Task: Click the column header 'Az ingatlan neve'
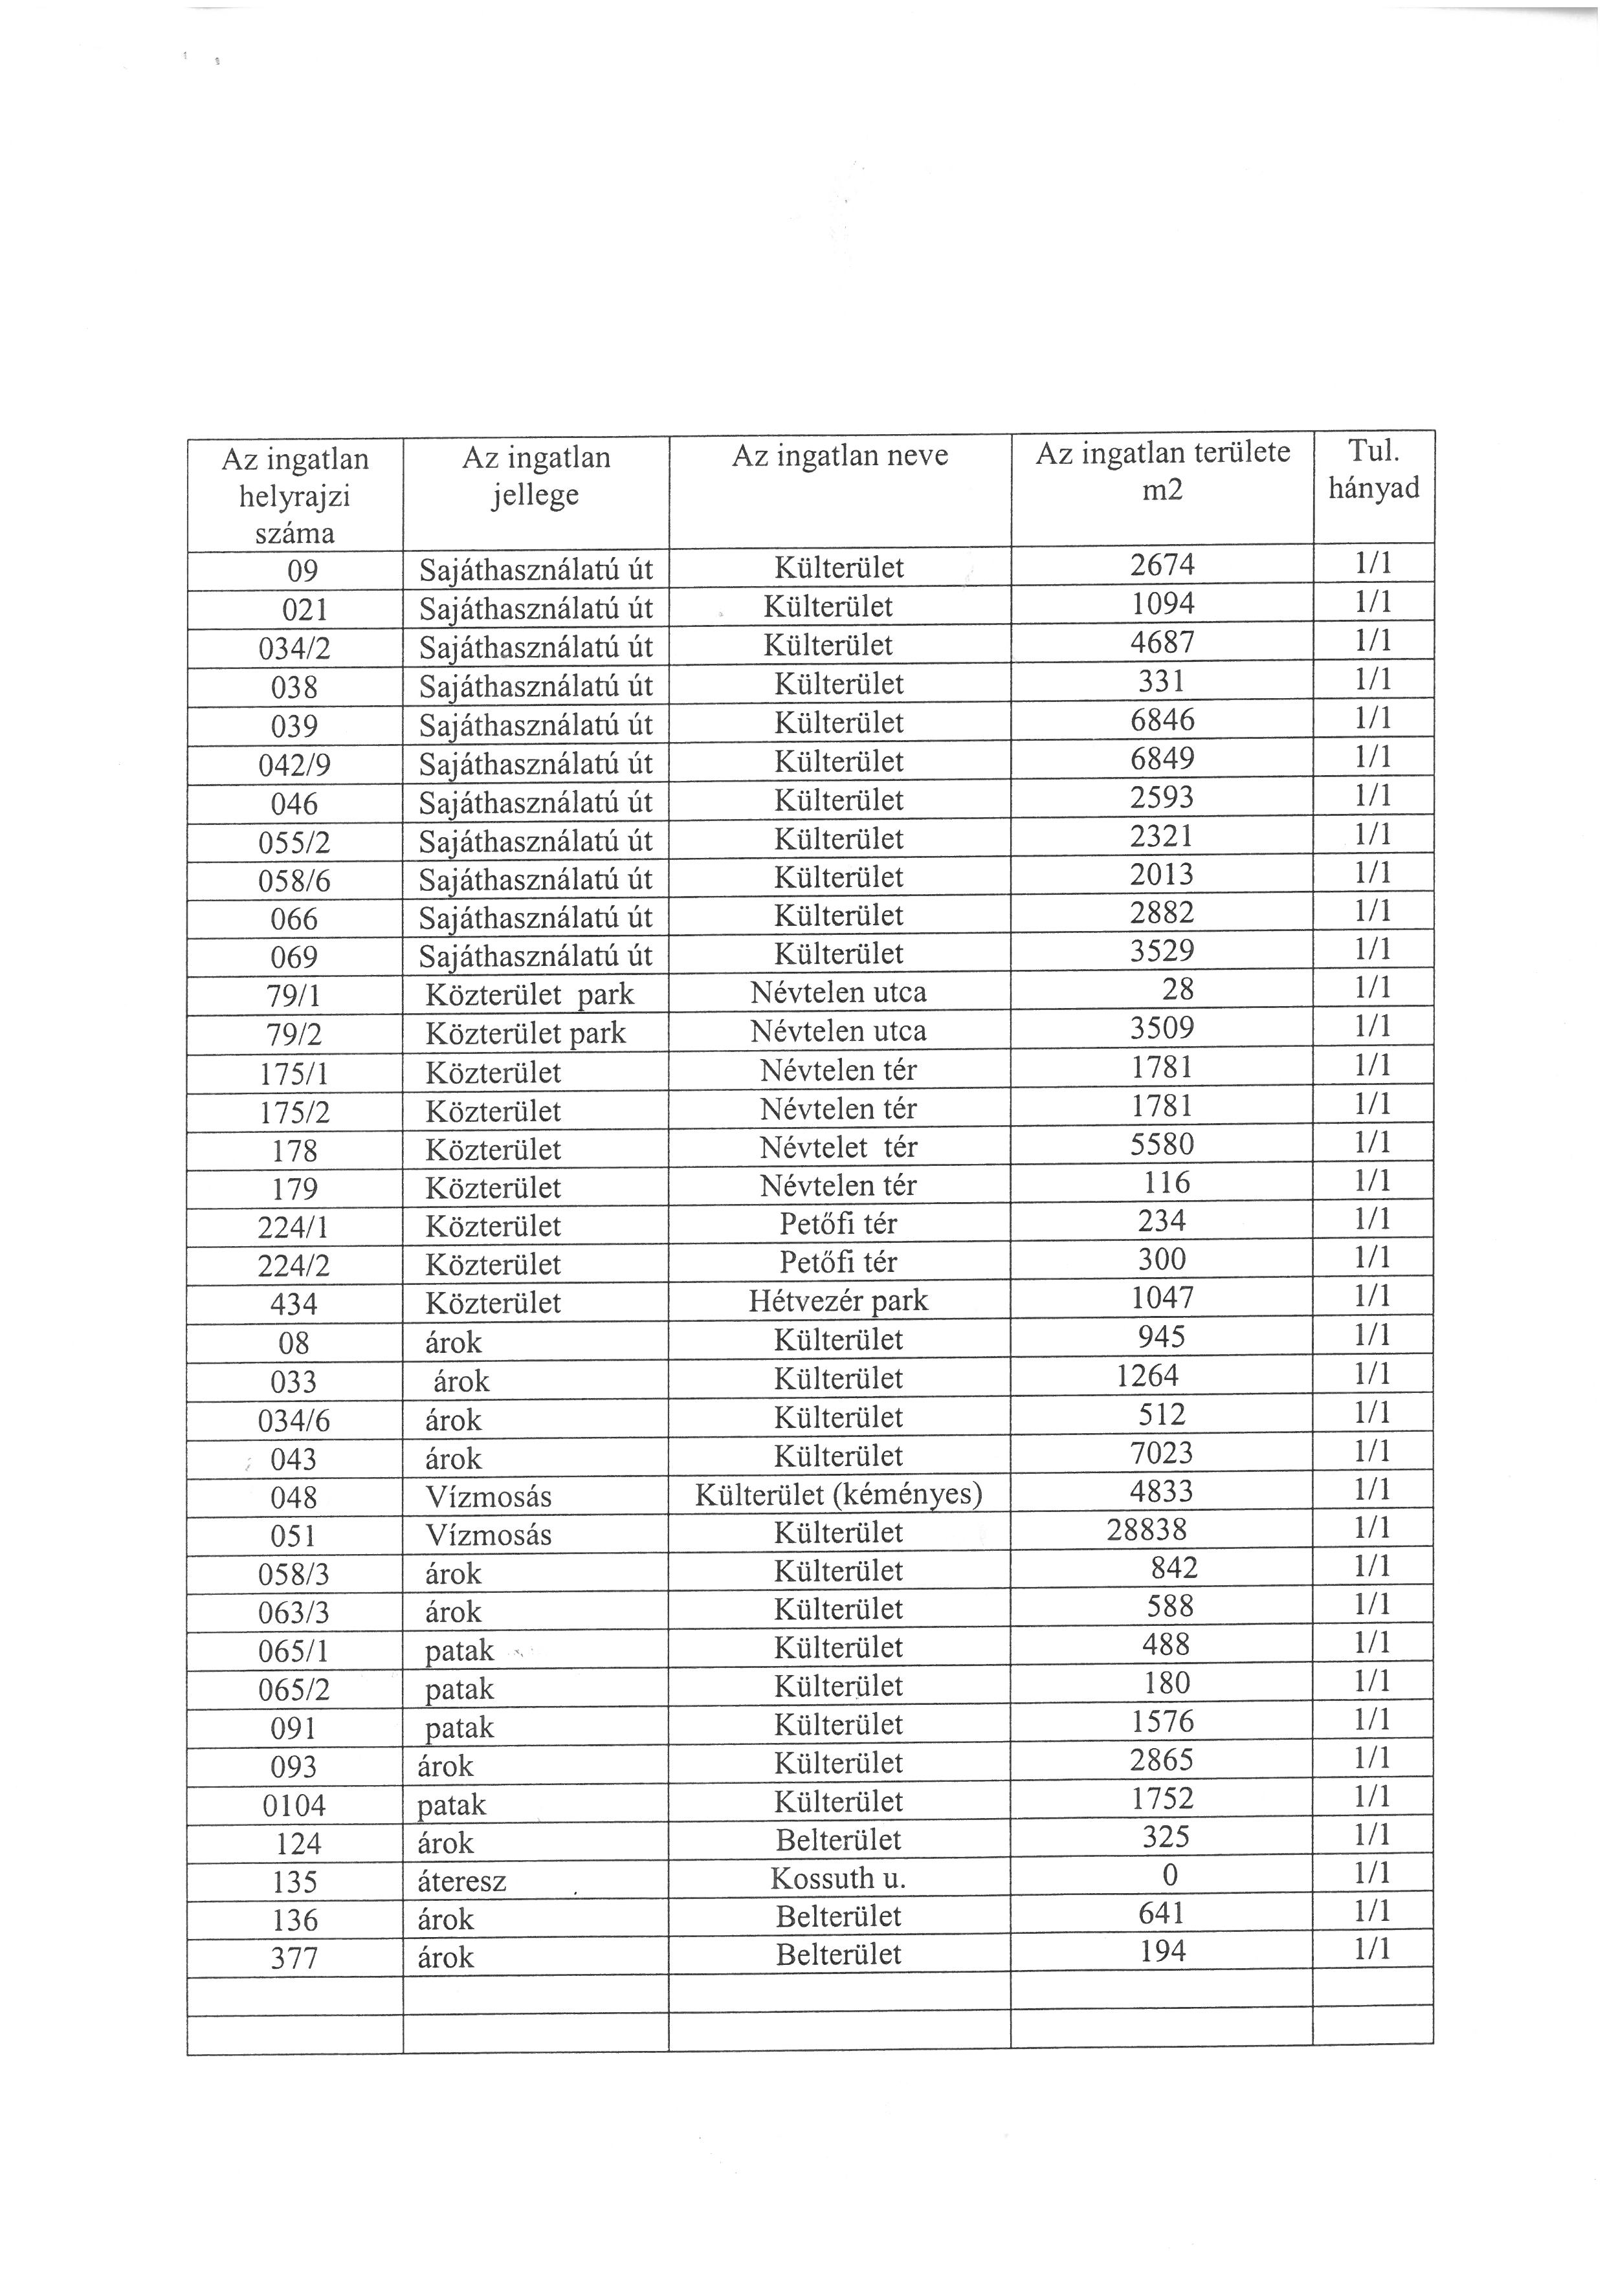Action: (x=839, y=457)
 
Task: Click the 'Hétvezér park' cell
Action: (x=838, y=1300)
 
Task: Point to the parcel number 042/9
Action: (x=294, y=765)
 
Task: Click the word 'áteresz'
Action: (x=461, y=1881)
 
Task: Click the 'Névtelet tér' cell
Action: (x=838, y=1147)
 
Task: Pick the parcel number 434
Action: (x=294, y=1304)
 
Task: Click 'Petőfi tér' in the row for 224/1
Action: (x=838, y=1224)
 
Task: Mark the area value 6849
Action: (x=1162, y=759)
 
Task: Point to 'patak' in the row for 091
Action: (x=459, y=1727)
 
